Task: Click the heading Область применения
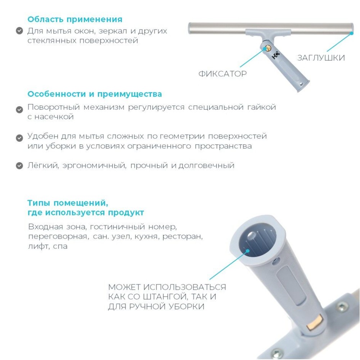(x=75, y=19)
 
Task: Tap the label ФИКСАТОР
(x=222, y=74)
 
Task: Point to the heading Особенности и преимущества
(x=95, y=94)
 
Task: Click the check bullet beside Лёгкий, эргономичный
(x=19, y=166)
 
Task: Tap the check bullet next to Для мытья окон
(x=19, y=31)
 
